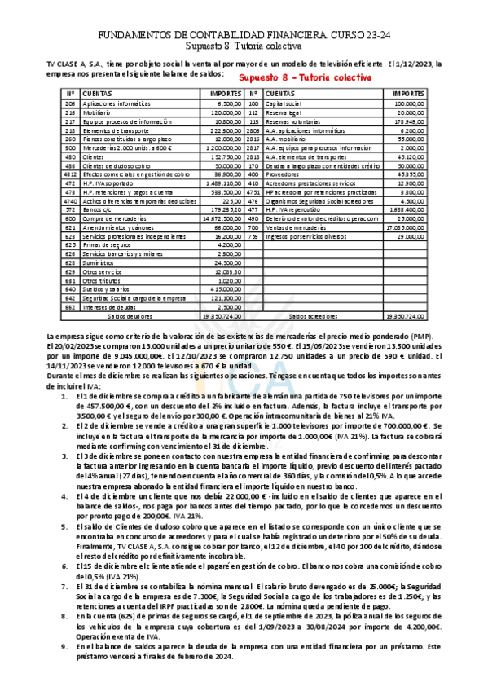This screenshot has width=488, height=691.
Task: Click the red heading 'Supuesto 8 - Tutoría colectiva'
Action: (305, 78)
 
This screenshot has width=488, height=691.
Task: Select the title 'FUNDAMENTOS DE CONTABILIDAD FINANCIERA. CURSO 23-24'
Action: (244, 36)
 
